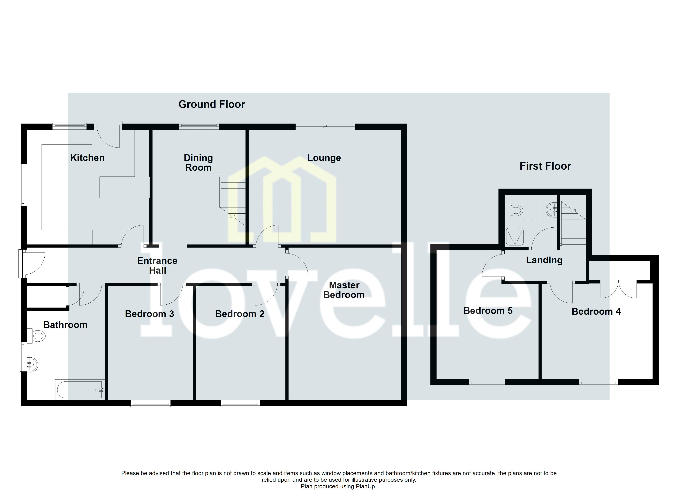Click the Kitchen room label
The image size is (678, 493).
(x=87, y=158)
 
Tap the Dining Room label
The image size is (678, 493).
(x=198, y=163)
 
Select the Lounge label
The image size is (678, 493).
(x=324, y=158)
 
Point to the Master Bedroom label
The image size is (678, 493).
(x=344, y=290)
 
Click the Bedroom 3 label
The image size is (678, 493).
(x=150, y=314)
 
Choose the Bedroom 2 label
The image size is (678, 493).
(x=240, y=314)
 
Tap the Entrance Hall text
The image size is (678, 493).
(x=157, y=265)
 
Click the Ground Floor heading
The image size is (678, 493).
(x=212, y=104)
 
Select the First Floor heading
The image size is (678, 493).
(x=545, y=166)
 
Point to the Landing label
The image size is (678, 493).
(x=544, y=260)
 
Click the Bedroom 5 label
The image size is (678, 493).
(x=488, y=311)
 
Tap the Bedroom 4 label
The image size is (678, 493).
(x=596, y=312)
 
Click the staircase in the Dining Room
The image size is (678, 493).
(x=233, y=197)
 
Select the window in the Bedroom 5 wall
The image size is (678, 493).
(x=487, y=382)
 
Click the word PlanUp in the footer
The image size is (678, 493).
(x=365, y=486)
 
